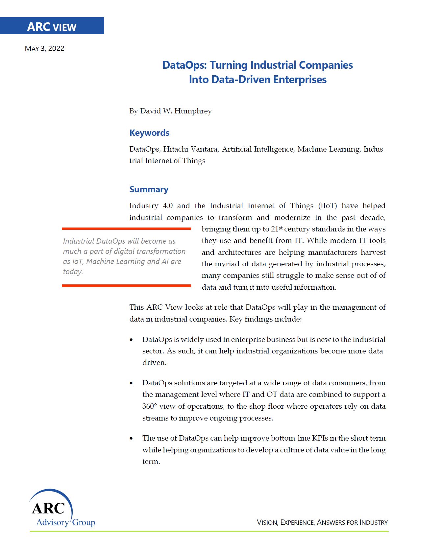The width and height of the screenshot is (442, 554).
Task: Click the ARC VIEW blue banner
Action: tap(52, 26)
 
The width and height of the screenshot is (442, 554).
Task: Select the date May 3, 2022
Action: tap(45, 49)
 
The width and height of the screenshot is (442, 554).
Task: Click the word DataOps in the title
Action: tap(184, 65)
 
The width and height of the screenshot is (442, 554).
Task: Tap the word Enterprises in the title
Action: tap(300, 80)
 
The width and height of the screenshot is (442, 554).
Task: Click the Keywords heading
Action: tap(149, 133)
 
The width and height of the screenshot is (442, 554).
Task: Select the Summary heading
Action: tap(149, 189)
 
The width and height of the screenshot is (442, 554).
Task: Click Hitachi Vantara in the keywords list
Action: tap(190, 149)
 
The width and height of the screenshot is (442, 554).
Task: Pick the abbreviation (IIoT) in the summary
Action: tap(328, 206)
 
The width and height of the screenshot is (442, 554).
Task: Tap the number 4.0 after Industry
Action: tap(168, 206)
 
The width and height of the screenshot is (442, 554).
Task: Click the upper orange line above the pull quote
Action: tap(126, 229)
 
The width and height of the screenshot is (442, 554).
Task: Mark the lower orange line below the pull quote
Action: tap(126, 286)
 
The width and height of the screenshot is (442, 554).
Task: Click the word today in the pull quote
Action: tap(73, 272)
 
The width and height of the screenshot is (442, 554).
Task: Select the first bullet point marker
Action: tap(132, 340)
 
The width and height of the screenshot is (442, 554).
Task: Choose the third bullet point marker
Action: tap(132, 438)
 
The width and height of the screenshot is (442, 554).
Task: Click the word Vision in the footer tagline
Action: tap(267, 522)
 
